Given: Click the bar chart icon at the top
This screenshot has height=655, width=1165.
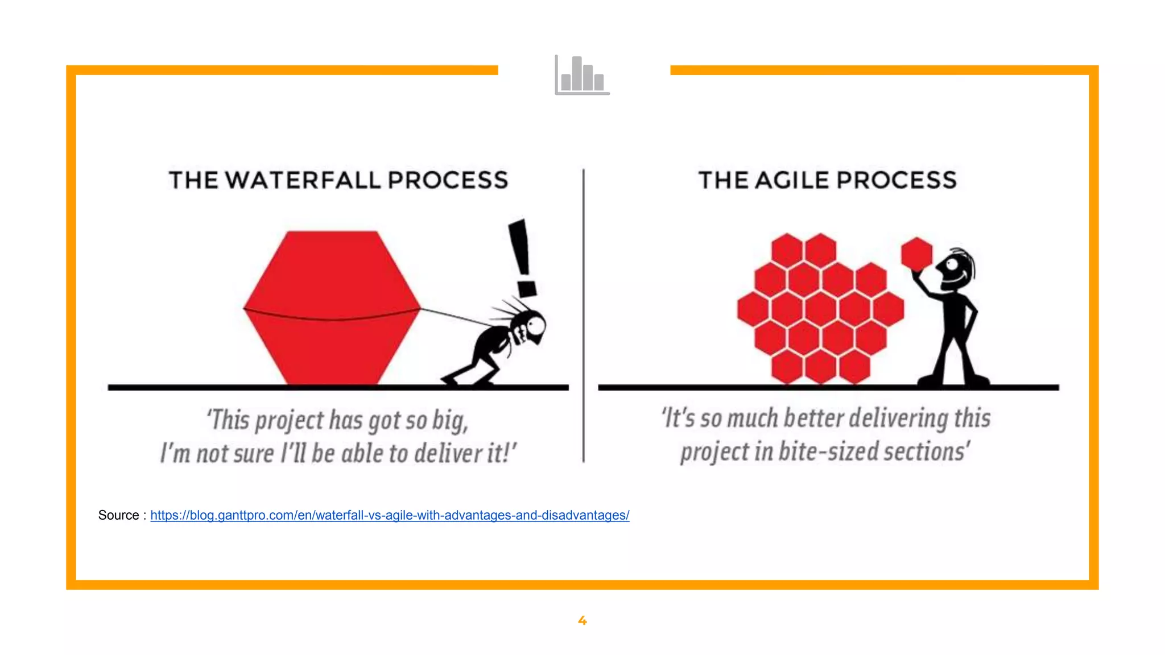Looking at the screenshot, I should click(x=582, y=75).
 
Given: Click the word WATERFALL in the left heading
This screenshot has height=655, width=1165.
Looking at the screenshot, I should click(x=303, y=180).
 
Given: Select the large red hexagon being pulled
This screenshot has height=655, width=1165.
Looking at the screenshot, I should click(x=332, y=307).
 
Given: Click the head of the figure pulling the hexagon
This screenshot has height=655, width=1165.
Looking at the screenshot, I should click(x=532, y=327).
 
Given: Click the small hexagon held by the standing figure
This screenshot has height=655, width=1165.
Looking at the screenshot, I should click(x=916, y=253).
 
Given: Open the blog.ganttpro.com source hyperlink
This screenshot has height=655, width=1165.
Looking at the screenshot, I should click(x=390, y=515).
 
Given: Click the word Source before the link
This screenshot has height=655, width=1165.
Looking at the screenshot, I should click(x=118, y=515).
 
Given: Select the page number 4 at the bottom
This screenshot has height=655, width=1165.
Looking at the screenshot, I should click(x=582, y=620).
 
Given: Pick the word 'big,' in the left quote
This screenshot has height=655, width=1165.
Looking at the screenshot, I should click(x=450, y=421).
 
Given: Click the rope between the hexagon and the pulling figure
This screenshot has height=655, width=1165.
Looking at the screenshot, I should click(x=455, y=317).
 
